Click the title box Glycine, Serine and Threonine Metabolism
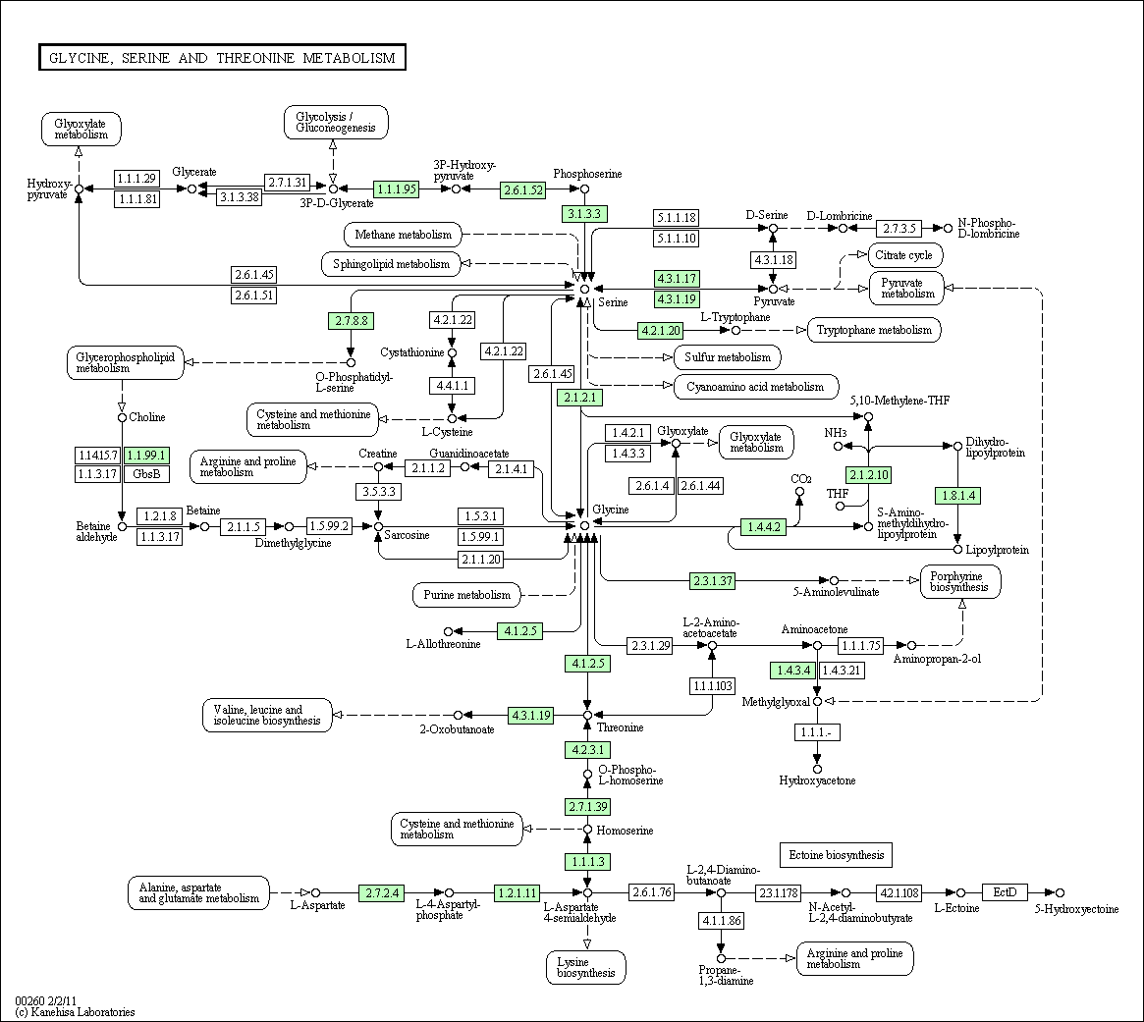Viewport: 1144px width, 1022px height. pos(222,58)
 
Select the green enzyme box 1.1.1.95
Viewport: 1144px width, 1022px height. pos(397,188)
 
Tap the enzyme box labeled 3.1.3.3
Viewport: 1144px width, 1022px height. pos(583,213)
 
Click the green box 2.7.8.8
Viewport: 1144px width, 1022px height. pos(350,320)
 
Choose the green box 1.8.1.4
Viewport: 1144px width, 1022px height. pos(957,496)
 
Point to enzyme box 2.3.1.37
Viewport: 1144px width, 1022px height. pos(712,580)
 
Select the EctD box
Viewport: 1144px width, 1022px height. pos(1005,891)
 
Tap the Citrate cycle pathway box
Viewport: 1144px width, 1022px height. pos(904,256)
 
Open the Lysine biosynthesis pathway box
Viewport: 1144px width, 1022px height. pos(586,967)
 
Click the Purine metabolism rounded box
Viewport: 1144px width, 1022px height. pos(467,594)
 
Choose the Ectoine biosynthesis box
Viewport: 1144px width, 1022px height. pos(836,855)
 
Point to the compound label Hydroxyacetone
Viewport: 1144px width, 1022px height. pos(817,780)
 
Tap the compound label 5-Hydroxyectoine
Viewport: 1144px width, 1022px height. pos(1076,909)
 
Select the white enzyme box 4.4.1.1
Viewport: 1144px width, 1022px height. pos(452,386)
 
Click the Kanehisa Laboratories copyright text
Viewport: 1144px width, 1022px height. pos(76,1011)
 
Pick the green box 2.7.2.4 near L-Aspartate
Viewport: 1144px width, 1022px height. pos(382,892)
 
